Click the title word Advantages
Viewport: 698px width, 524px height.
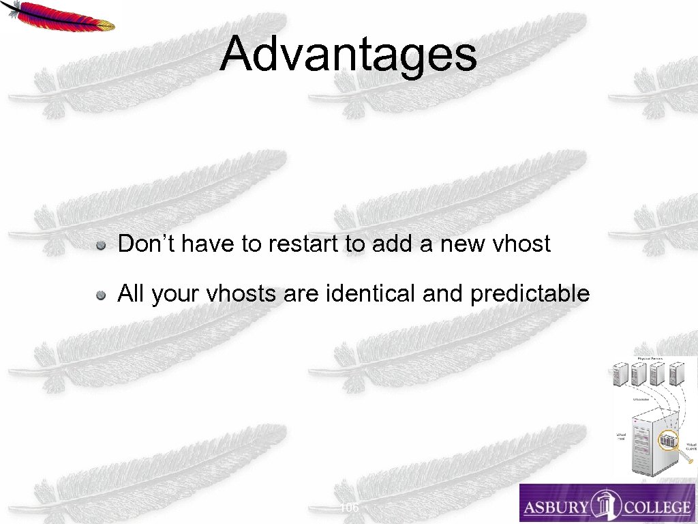(x=348, y=55)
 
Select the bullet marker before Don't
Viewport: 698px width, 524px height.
(x=100, y=245)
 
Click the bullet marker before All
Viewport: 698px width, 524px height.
(x=100, y=295)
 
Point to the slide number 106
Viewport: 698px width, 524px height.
(x=349, y=508)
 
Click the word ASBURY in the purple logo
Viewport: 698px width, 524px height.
(x=555, y=507)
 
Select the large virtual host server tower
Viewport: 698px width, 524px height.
(x=648, y=443)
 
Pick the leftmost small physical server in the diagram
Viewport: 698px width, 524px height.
(x=620, y=375)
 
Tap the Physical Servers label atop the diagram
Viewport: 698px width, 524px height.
(x=651, y=358)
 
